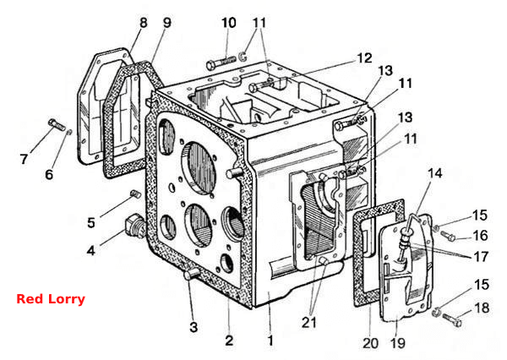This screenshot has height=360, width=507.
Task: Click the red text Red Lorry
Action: coord(51,299)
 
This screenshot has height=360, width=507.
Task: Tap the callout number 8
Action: coord(144,23)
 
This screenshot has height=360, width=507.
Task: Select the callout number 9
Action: coord(166,23)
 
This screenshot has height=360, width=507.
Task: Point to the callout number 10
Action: coord(229,23)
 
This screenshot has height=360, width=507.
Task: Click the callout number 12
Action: coord(364,58)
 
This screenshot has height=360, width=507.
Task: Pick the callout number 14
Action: coord(435,173)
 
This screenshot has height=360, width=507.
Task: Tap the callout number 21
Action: coord(309,323)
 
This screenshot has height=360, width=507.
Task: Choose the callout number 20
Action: coord(371,343)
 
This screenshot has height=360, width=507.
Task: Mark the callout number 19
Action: coord(398,343)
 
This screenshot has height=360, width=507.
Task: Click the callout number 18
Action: coord(482,308)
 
